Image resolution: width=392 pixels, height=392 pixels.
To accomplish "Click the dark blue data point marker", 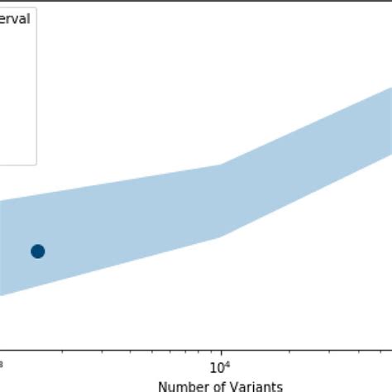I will tap(37, 251).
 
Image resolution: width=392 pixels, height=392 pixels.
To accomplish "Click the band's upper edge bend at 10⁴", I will tap(220, 165).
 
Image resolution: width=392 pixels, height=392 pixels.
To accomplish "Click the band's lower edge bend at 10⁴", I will tap(220, 237).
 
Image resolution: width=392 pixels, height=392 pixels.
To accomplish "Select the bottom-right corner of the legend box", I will tap(36, 165).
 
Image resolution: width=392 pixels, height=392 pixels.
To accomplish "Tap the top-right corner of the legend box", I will tap(36, 2).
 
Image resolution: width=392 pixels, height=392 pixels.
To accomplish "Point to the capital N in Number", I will tap(162, 385).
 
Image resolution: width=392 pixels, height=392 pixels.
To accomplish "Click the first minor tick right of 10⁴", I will tap(286, 350).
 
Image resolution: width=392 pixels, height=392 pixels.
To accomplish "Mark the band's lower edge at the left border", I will tap(1, 295).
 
